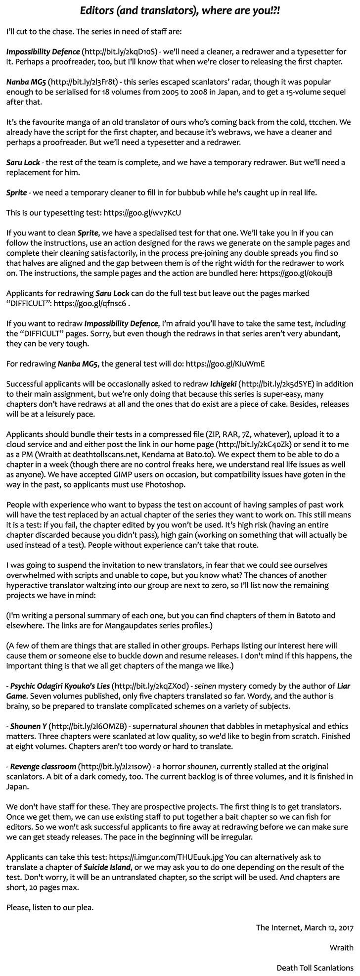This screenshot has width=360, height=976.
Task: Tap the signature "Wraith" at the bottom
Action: (342, 933)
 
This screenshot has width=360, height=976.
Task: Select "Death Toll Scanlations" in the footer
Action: (315, 954)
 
